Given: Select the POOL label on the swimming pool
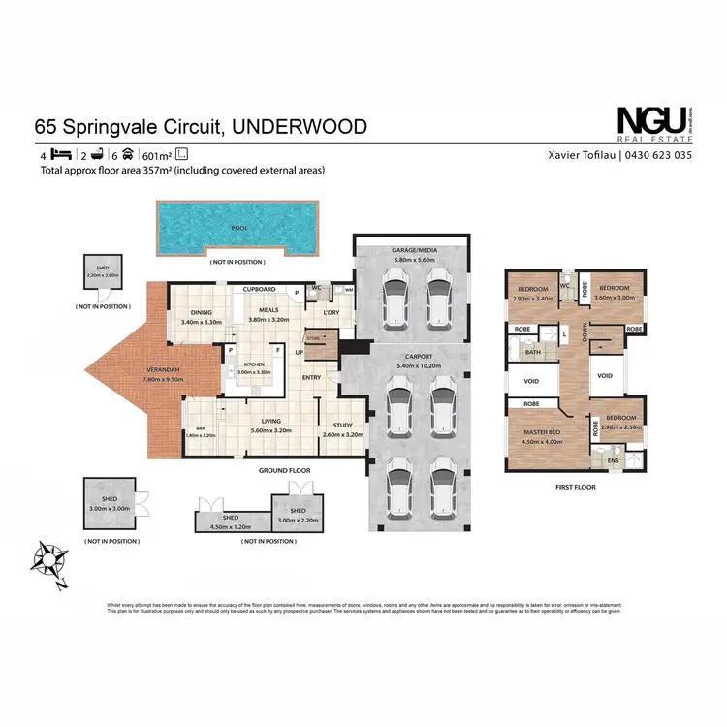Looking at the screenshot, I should click(x=238, y=228).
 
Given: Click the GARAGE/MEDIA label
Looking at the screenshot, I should click(x=414, y=250).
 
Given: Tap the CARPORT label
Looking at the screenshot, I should click(x=415, y=357).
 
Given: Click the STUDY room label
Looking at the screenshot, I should click(x=340, y=425).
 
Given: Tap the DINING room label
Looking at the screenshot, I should click(x=202, y=313).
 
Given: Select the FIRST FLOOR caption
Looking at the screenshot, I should click(x=576, y=487).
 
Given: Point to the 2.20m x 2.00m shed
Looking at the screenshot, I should click(x=102, y=274).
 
